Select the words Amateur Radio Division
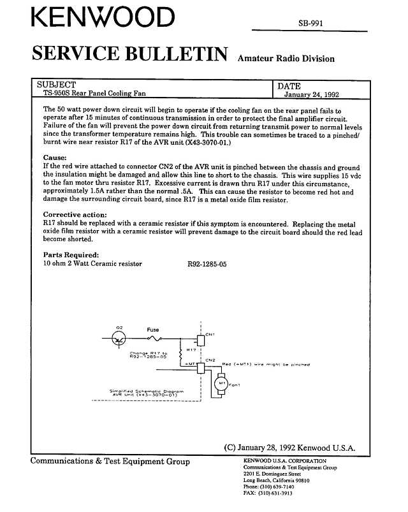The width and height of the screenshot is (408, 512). tap(286, 59)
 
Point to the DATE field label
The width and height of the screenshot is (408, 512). tap(289, 86)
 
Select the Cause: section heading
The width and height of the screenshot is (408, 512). tap(55, 157)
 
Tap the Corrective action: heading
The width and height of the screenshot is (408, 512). tap(75, 215)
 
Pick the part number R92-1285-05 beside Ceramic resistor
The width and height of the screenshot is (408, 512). tap(207, 263)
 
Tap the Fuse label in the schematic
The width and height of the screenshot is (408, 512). tap(153, 330)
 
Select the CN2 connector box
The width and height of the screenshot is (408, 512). tap(201, 368)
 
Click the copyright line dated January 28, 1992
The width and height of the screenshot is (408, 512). tap(289, 447)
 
